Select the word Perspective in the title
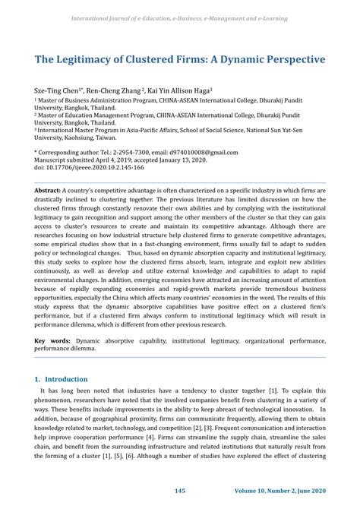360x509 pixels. (x=283, y=58)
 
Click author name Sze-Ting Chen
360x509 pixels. (x=55, y=90)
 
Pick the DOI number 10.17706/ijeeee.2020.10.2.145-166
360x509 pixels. (x=90, y=167)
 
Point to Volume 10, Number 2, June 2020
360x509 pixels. (x=279, y=492)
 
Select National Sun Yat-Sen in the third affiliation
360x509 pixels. (x=289, y=130)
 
